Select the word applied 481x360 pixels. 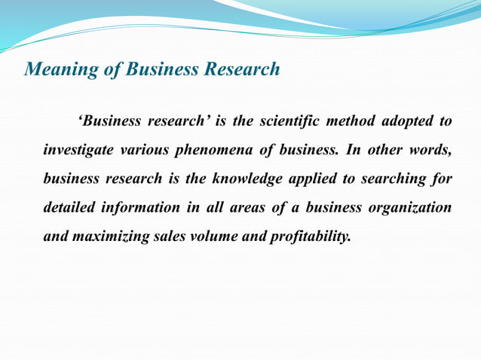[x=298, y=178]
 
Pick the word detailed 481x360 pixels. [x=69, y=207]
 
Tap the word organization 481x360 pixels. [x=410, y=207]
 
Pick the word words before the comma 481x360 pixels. [x=429, y=150]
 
